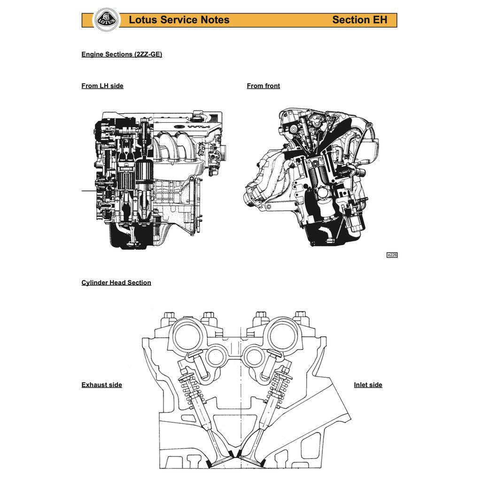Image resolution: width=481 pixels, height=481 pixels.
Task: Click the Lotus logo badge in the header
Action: (x=107, y=20)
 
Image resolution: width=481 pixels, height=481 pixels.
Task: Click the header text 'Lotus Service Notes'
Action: (x=179, y=20)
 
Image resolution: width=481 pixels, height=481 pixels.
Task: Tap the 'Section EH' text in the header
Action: (x=359, y=20)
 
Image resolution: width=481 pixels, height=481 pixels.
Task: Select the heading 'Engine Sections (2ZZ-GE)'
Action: (x=122, y=54)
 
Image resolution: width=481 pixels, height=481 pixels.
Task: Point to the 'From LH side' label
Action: (x=102, y=86)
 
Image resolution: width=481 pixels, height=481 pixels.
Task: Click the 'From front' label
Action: (x=263, y=86)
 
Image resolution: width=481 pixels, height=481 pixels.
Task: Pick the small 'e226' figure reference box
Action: (x=392, y=255)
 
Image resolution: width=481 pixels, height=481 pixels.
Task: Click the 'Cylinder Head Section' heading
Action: (x=116, y=283)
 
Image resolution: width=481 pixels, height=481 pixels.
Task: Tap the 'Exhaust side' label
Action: (x=101, y=385)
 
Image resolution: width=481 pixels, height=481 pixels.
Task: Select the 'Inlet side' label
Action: (x=368, y=385)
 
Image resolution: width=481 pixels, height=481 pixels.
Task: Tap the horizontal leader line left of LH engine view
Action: (x=88, y=191)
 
